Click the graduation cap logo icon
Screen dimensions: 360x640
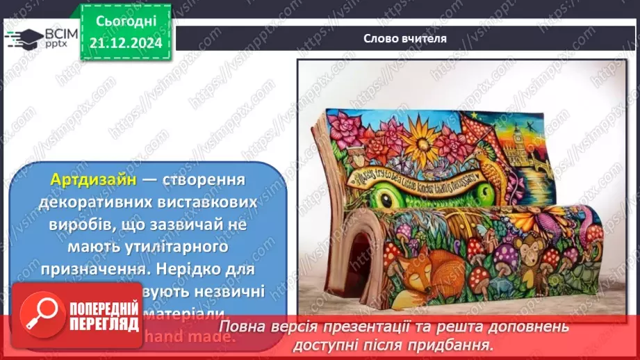(x=23, y=38)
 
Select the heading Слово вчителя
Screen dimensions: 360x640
(x=404, y=38)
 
